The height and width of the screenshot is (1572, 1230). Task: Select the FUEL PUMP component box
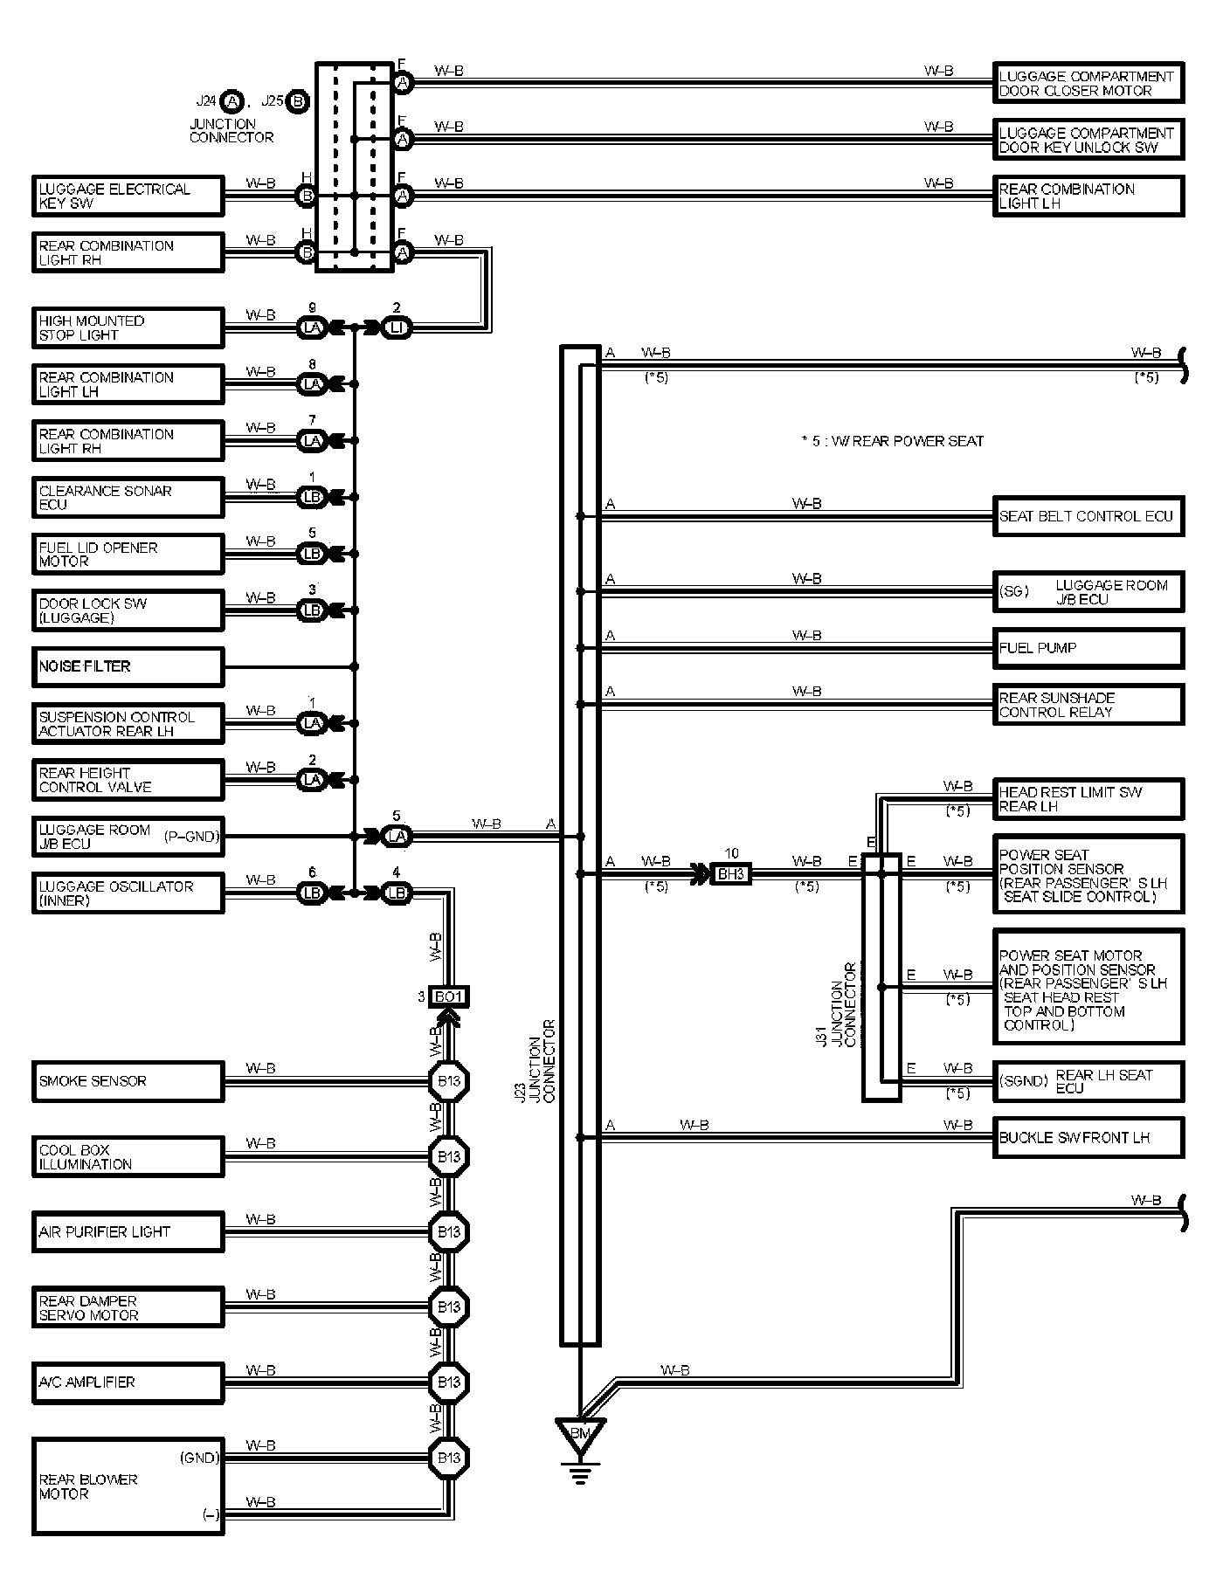pyautogui.click(x=1088, y=648)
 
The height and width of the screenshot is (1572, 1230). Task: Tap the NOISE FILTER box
pyautogui.click(x=128, y=666)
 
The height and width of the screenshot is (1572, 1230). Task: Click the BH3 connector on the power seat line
pyautogui.click(x=729, y=872)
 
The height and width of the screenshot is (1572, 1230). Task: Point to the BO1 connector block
pyautogui.click(x=450, y=996)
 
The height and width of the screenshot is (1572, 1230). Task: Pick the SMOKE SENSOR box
pyautogui.click(x=128, y=1081)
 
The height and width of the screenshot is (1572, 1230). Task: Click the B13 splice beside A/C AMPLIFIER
pyautogui.click(x=449, y=1382)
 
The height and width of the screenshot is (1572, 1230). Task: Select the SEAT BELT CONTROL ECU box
pyautogui.click(x=1088, y=516)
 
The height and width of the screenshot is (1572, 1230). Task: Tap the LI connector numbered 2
pyautogui.click(x=397, y=327)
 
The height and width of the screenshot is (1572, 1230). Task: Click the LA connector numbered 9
pyautogui.click(x=312, y=327)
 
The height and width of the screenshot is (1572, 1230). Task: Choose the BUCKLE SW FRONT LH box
pyautogui.click(x=1088, y=1138)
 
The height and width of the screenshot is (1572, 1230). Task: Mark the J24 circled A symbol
pyautogui.click(x=231, y=101)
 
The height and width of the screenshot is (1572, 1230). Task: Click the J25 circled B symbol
pyautogui.click(x=297, y=101)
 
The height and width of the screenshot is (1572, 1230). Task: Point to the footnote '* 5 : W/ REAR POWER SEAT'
pyautogui.click(x=892, y=442)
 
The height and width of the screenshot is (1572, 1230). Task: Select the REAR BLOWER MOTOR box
pyautogui.click(x=128, y=1486)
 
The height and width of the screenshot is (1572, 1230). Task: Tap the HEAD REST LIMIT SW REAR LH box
pyautogui.click(x=1088, y=799)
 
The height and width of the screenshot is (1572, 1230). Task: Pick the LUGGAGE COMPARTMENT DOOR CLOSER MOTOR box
pyautogui.click(x=1088, y=84)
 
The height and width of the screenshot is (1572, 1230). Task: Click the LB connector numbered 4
pyautogui.click(x=397, y=893)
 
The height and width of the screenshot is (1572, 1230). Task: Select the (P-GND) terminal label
pyautogui.click(x=190, y=836)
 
